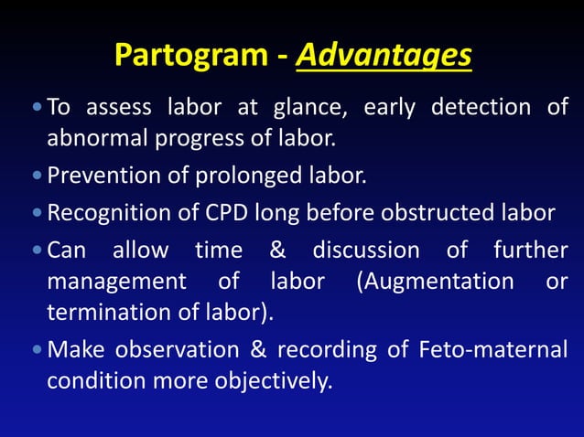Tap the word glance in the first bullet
coord(308,108)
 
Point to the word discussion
coord(366,250)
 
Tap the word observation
coord(164,349)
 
